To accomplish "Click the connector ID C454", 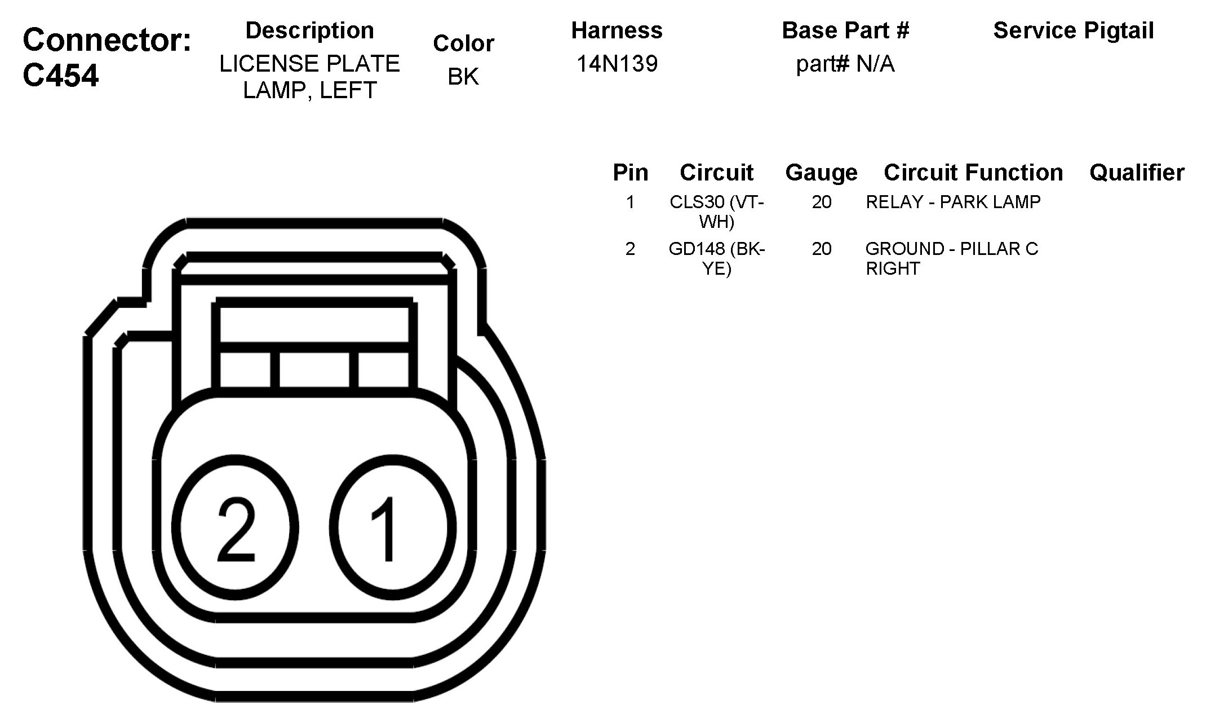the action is tap(61, 75).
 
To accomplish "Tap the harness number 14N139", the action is tap(617, 64).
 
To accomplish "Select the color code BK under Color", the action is tap(463, 77).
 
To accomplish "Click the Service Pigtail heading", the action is tap(1074, 30).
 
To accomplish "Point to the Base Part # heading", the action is tap(845, 30).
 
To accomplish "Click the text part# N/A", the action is tap(845, 64).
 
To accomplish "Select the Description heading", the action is tap(309, 30).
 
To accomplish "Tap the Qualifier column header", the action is tap(1137, 173).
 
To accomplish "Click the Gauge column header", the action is tap(821, 173).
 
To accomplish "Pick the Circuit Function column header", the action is tap(973, 173).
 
